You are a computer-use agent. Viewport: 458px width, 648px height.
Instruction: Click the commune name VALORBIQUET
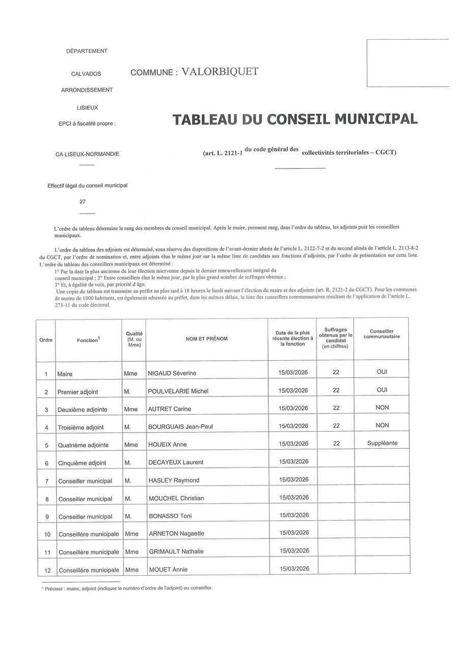220,72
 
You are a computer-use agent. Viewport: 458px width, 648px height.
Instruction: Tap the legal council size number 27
82,202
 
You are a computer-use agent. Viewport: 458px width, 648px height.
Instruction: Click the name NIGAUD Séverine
172,373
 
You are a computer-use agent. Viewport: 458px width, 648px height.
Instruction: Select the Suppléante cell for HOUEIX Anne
382,443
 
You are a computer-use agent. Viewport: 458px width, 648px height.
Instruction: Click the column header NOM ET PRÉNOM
207,339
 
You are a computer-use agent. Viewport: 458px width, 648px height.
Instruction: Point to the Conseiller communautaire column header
382,334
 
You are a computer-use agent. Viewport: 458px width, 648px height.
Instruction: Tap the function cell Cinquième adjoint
82,463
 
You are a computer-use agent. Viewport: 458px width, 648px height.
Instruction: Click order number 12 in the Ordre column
47,570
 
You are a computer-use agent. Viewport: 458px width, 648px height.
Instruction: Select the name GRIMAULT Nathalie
176,552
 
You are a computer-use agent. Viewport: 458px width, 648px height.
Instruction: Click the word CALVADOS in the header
86,74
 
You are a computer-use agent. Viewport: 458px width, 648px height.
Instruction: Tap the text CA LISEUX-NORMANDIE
88,153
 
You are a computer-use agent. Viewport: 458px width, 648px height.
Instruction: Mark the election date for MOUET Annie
294,569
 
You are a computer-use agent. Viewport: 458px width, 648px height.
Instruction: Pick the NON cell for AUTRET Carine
382,408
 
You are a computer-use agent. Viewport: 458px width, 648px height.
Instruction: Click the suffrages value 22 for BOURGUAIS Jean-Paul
336,425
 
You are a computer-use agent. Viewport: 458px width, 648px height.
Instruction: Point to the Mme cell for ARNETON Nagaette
131,533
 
